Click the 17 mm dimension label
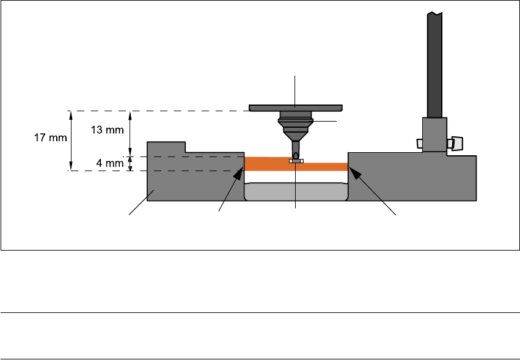click(49, 138)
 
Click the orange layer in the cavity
click(269, 164)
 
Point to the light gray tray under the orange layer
click(296, 191)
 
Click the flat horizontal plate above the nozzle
click(296, 108)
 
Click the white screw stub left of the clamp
click(419, 143)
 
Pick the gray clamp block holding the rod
click(434, 135)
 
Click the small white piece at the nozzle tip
click(296, 161)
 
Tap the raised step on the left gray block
click(166, 147)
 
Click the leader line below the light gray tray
click(296, 207)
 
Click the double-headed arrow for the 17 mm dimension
click(71, 141)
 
